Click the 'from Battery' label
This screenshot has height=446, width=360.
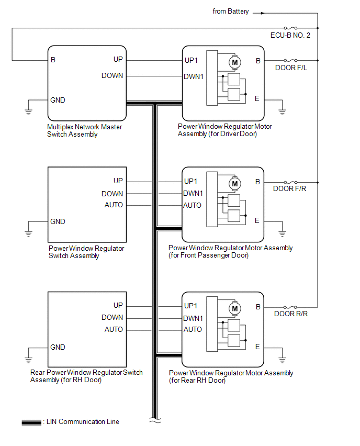point(231,12)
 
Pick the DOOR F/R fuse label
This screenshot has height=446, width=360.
point(290,189)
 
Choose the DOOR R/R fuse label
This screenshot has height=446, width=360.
point(290,314)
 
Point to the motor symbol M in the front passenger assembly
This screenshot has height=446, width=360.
point(234,184)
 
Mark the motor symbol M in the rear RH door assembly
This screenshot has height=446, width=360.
point(234,309)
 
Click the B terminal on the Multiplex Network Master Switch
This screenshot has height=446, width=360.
point(53,60)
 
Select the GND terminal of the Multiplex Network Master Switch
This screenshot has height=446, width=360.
point(58,100)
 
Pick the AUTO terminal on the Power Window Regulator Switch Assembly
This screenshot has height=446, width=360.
point(114,205)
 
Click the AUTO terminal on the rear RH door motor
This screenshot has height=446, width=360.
point(193,330)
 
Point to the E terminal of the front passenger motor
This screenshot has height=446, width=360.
point(257,221)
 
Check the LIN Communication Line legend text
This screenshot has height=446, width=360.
point(83,422)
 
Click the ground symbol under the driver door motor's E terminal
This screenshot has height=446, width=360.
point(283,111)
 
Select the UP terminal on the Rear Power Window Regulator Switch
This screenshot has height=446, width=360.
point(118,306)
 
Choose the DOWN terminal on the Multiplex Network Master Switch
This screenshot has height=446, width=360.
point(113,76)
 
